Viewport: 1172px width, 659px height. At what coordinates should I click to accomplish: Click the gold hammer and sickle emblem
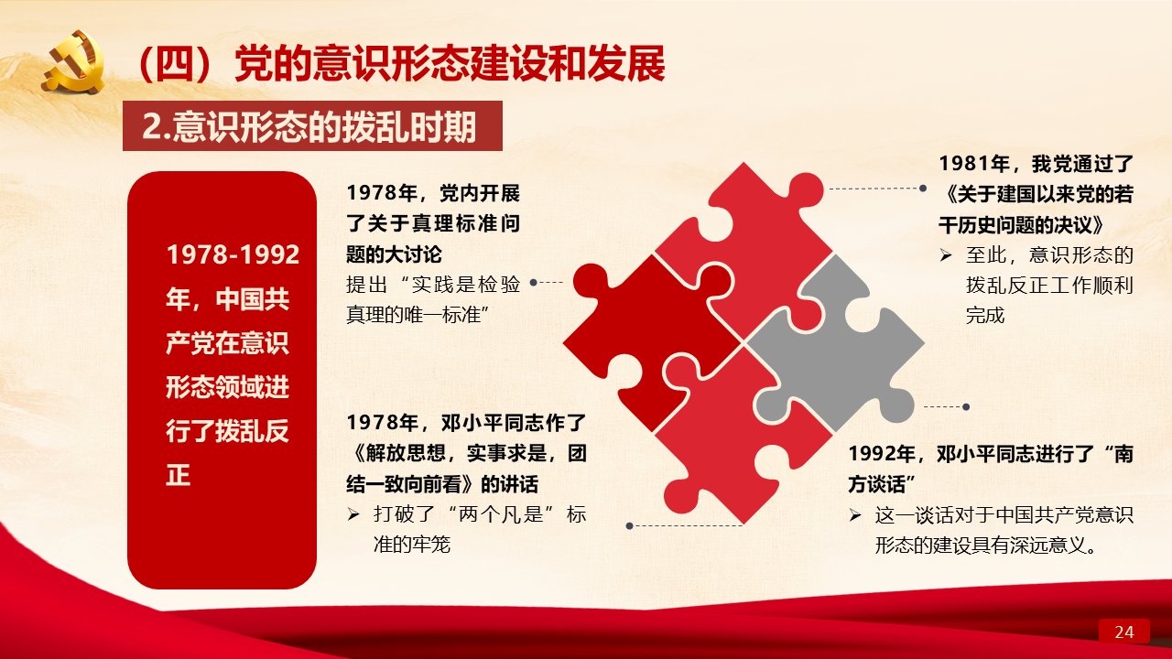pyautogui.click(x=73, y=63)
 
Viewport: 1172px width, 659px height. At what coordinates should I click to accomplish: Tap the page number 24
pyautogui.click(x=1123, y=632)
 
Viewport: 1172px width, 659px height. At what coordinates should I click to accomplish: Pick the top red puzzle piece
pyautogui.click(x=754, y=246)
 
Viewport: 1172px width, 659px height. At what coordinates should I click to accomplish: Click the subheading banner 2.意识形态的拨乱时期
pyautogui.click(x=312, y=126)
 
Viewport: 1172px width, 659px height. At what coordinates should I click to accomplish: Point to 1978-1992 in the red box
pyautogui.click(x=233, y=254)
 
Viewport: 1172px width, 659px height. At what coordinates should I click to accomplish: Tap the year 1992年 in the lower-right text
pyautogui.click(x=882, y=453)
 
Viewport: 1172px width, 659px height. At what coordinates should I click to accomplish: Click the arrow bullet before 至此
pyautogui.click(x=946, y=255)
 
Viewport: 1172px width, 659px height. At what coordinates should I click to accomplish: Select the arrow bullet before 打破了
pyautogui.click(x=353, y=514)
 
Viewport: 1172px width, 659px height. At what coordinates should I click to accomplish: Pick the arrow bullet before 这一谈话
pyautogui.click(x=855, y=515)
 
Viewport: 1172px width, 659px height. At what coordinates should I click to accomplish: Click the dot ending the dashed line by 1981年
pyautogui.click(x=923, y=189)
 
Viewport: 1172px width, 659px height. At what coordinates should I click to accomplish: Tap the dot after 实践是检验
pyautogui.click(x=533, y=283)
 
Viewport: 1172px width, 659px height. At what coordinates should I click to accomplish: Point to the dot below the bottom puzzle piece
pyautogui.click(x=629, y=525)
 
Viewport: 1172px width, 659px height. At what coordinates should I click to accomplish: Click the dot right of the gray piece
pyautogui.click(x=966, y=407)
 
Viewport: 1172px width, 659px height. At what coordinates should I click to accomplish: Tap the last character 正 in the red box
pyautogui.click(x=178, y=475)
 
